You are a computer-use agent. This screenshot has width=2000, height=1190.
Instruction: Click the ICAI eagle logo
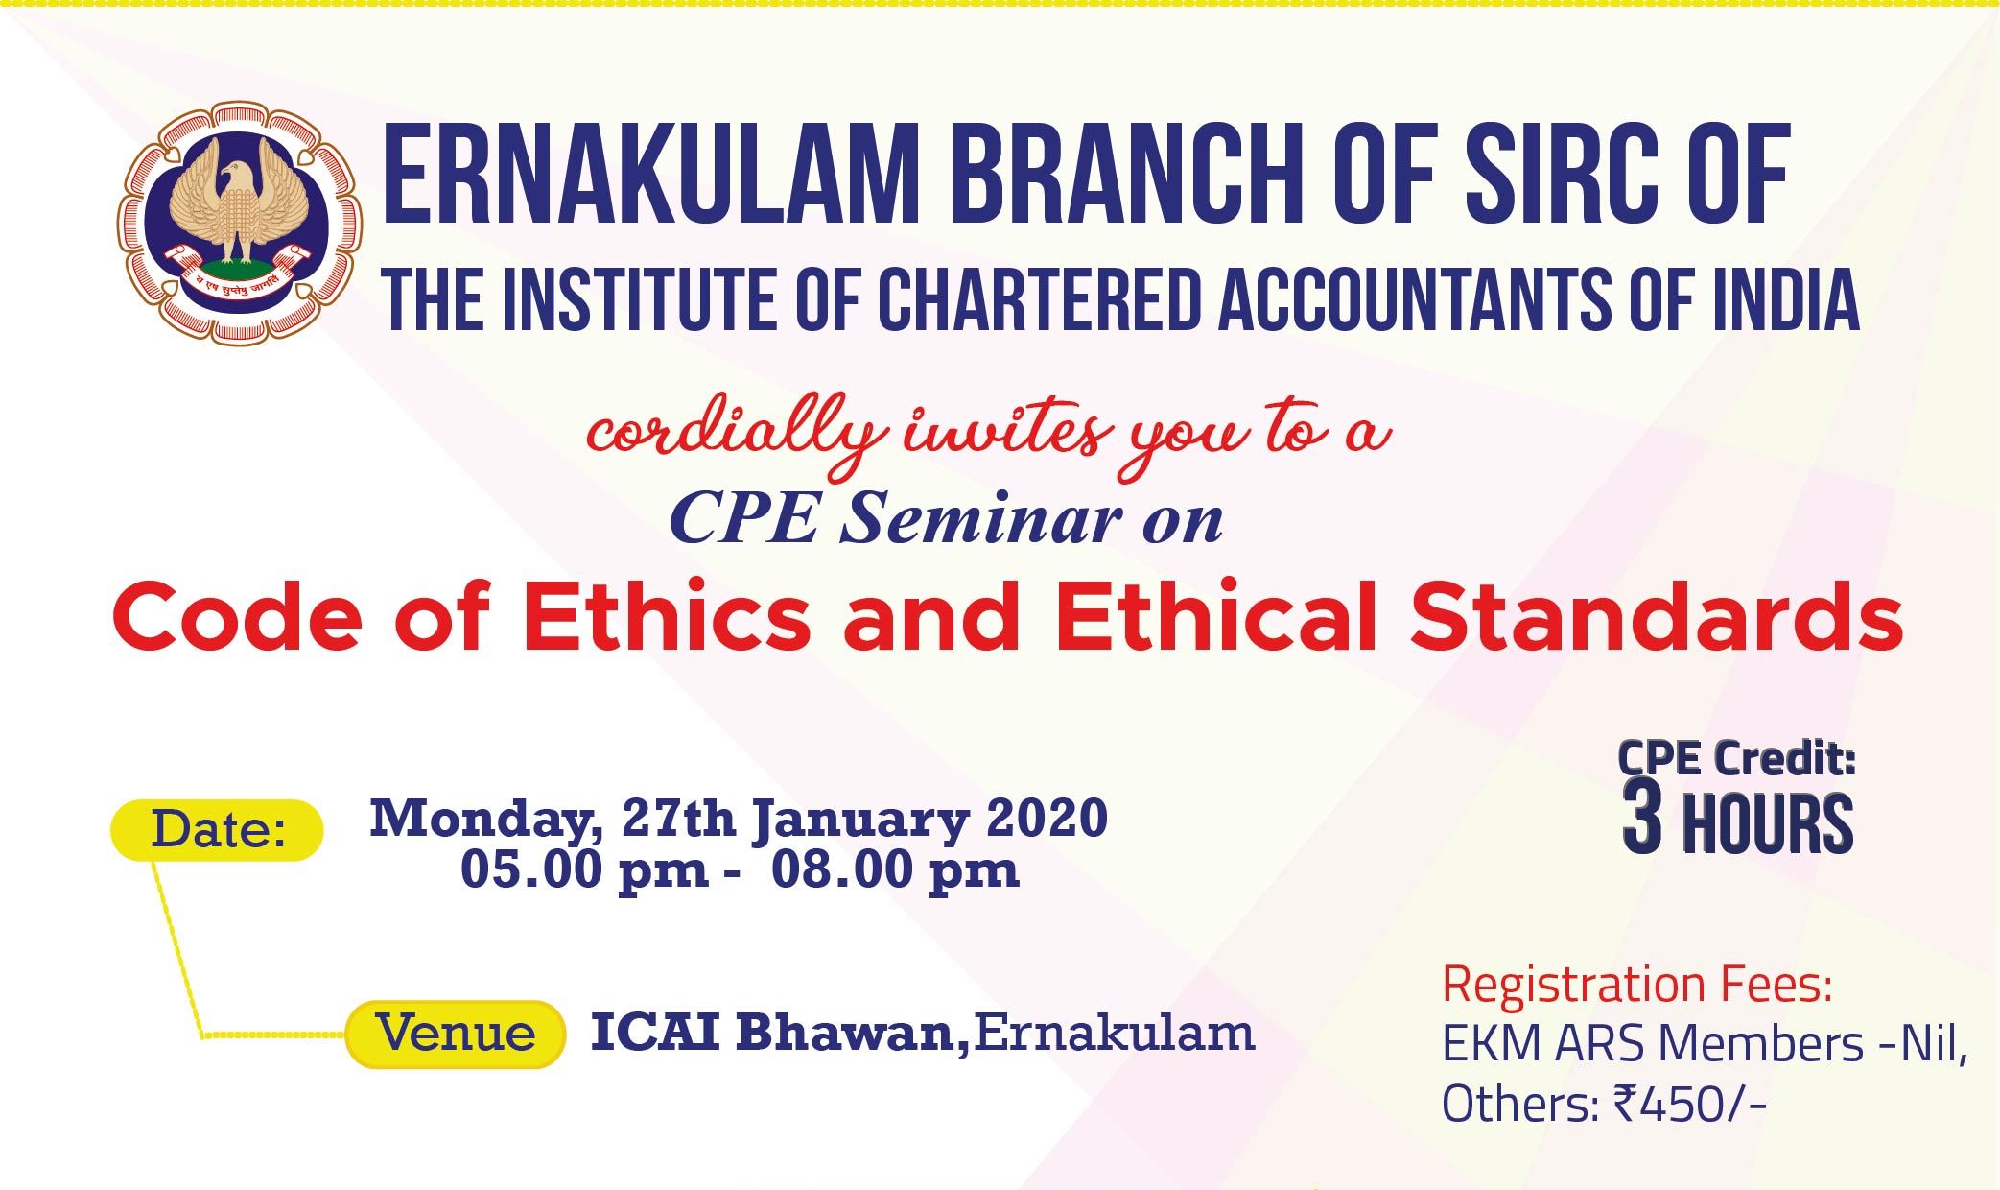pos(240,226)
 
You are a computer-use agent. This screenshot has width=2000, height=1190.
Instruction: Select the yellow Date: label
pos(218,829)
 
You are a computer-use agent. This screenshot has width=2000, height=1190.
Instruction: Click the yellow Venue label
pos(454,1034)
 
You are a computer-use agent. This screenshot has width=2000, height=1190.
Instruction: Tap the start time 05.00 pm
pos(585,870)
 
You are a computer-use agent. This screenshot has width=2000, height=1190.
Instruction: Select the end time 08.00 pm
pos(895,870)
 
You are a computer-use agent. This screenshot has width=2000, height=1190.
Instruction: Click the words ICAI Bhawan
pos(776,1033)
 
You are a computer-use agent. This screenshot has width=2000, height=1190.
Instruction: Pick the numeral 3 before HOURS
pos(1642,824)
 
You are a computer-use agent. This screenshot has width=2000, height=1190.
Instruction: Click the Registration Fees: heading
pos(1637,986)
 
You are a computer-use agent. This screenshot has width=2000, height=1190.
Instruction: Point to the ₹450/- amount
pos(1689,1106)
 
